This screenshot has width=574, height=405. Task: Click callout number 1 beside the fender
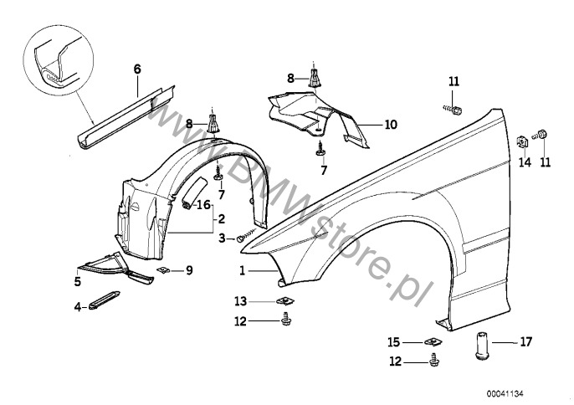pos(242,270)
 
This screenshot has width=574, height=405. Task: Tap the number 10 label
pos(390,125)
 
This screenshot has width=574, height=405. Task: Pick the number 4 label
pos(78,307)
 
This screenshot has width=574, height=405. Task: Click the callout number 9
pos(189,269)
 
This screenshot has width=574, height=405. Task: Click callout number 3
pos(222,238)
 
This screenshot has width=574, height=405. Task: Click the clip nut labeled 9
pos(166,269)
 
